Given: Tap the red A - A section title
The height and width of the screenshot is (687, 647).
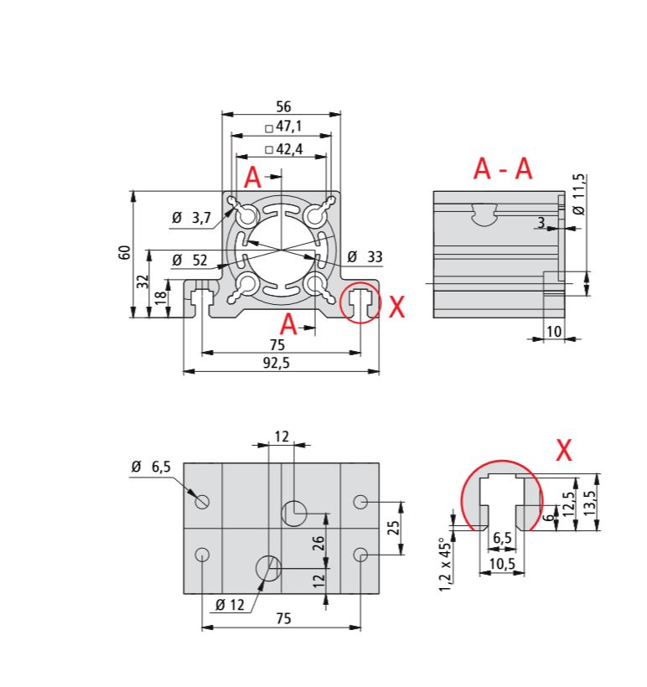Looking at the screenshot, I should [503, 169].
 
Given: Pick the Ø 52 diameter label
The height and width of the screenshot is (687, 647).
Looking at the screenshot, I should [189, 261].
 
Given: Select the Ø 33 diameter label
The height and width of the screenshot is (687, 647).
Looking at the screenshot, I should [365, 256].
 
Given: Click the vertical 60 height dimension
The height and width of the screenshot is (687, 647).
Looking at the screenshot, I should [125, 254].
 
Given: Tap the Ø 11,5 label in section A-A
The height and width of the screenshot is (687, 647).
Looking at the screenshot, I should [580, 194].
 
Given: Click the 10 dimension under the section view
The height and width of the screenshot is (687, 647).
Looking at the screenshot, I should [553, 332].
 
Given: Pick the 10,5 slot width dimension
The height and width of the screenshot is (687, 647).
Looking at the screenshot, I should [501, 564].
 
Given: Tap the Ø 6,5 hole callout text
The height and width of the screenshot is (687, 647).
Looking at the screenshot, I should [151, 467].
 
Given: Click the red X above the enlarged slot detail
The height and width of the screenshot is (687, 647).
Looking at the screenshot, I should [564, 451].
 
